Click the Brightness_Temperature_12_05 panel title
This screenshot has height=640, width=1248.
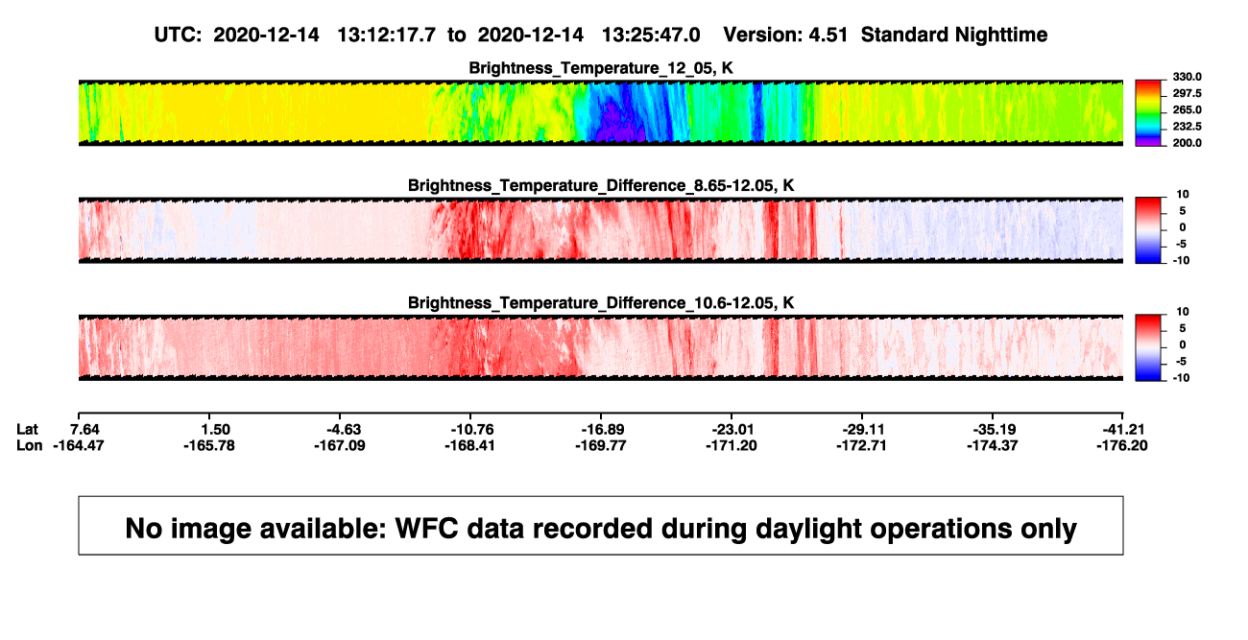click(x=601, y=68)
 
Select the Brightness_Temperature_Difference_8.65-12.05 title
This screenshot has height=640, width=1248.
click(x=601, y=185)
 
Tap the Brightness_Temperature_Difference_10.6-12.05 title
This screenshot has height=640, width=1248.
click(x=601, y=303)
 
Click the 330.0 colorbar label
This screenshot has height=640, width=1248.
click(x=1187, y=77)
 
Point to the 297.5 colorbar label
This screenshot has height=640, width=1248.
click(x=1187, y=94)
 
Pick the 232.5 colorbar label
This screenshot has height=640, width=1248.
click(x=1187, y=127)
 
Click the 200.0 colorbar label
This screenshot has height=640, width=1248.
click(x=1187, y=143)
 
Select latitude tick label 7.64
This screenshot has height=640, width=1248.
click(x=84, y=430)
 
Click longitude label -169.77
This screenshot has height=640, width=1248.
click(x=601, y=445)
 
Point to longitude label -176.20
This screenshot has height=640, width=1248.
click(x=1122, y=445)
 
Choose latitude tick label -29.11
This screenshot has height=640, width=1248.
click(x=861, y=430)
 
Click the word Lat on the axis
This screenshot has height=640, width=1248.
click(x=27, y=430)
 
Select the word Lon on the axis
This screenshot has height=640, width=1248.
click(x=29, y=445)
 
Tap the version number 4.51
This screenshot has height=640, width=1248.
click(x=828, y=35)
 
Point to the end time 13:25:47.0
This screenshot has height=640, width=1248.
click(x=651, y=35)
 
